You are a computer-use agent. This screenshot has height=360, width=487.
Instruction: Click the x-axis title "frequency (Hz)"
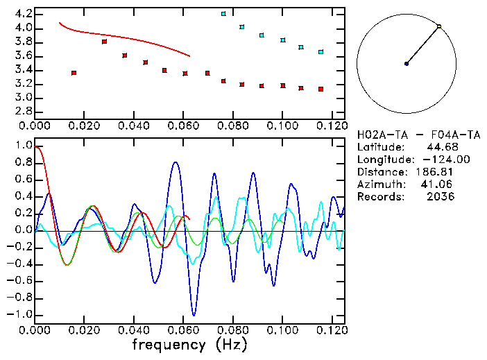(x=189, y=345)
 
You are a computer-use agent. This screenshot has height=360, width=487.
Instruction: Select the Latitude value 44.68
(x=440, y=148)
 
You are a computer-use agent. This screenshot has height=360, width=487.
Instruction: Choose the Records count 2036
(x=441, y=196)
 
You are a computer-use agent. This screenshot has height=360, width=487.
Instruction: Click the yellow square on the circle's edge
(x=439, y=26)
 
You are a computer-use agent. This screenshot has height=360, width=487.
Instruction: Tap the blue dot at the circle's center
(x=407, y=64)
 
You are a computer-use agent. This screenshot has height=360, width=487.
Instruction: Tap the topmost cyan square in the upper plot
(x=223, y=14)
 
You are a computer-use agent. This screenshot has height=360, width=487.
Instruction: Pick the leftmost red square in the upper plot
(x=74, y=73)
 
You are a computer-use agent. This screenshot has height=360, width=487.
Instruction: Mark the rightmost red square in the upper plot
(x=321, y=89)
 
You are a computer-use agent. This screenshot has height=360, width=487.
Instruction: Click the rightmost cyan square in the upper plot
(x=321, y=52)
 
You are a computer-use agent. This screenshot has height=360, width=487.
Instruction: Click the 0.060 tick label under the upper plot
(x=184, y=126)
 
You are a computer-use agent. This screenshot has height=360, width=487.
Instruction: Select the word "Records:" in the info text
(x=379, y=196)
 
